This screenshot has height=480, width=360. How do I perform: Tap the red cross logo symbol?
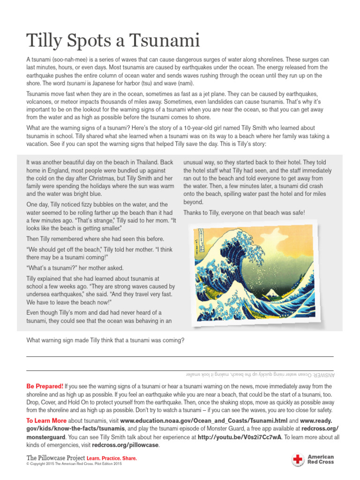coord(298,459)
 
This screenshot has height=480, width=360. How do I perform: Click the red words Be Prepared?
coord(45,386)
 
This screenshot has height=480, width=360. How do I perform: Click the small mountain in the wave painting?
coord(271,293)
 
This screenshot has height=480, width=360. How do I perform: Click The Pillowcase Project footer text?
coord(56,457)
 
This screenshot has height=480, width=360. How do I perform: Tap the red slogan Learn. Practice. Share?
coord(112,458)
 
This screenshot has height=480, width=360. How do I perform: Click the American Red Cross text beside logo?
coord(321,459)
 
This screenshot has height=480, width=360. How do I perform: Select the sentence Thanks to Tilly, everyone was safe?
coord(244,213)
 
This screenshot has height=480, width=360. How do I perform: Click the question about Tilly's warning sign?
coord(105,340)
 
